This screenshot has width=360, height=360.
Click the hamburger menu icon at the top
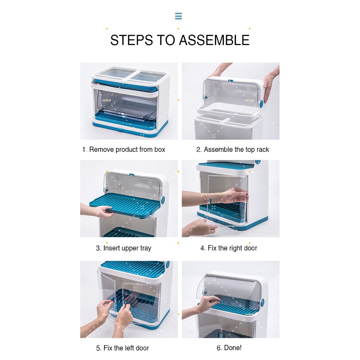(178, 16)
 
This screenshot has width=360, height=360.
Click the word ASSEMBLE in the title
(214, 40)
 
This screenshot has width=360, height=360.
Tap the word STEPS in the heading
(131, 40)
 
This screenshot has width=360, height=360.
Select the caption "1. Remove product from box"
(124, 149)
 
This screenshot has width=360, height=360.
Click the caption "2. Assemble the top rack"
(233, 149)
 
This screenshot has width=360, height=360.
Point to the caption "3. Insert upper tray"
(123, 248)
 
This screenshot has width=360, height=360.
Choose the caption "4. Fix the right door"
(229, 248)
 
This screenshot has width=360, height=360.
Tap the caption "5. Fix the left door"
(123, 348)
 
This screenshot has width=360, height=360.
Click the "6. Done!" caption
(229, 348)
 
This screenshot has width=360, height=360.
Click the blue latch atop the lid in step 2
(231, 81)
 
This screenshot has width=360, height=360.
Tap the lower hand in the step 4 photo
(199, 227)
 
